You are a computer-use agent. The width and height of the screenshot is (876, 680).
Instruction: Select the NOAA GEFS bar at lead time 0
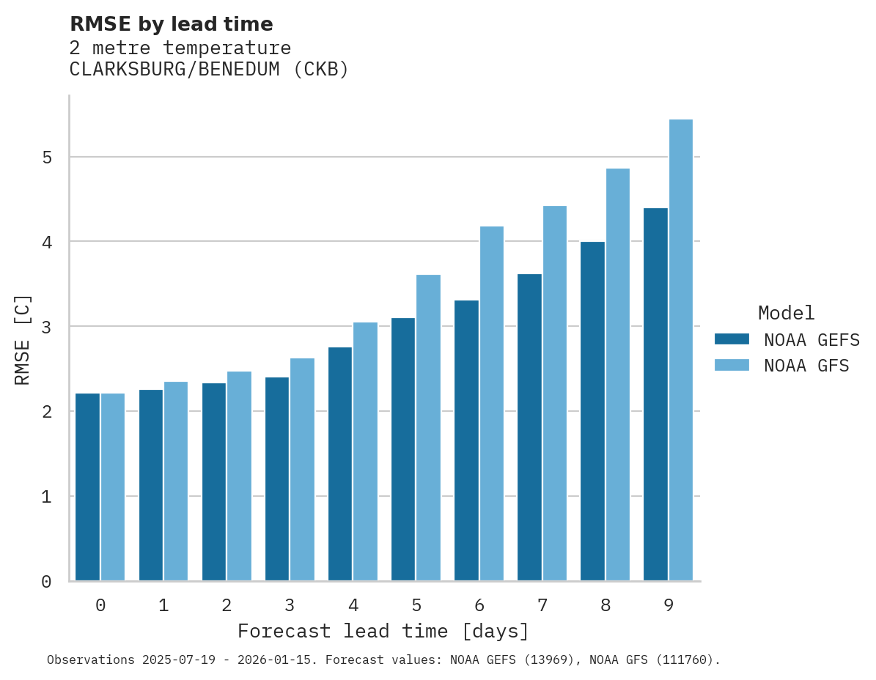pyautogui.click(x=87, y=487)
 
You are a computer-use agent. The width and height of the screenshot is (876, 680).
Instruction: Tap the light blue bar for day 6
pyautogui.click(x=492, y=404)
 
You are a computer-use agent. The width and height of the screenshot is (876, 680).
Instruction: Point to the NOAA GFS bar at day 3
pyautogui.click(x=303, y=470)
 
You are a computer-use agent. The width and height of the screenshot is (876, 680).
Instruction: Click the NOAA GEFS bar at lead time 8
pyautogui.click(x=592, y=411)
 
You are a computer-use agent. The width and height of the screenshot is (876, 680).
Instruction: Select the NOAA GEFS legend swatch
pyautogui.click(x=732, y=339)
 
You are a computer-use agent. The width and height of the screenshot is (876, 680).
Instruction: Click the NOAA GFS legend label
pyautogui.click(x=806, y=366)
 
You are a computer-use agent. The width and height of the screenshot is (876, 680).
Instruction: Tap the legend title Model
pyautogui.click(x=786, y=314)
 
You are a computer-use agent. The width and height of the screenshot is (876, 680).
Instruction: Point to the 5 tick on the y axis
pyautogui.click(x=46, y=158)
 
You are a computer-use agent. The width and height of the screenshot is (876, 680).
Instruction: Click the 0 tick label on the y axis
pyautogui.click(x=46, y=582)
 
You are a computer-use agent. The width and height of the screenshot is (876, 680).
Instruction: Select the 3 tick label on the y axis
pyautogui.click(x=46, y=327)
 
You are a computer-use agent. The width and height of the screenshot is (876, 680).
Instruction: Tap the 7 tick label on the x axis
pyautogui.click(x=542, y=606)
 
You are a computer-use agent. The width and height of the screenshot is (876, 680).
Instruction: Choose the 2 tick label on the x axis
pyautogui.click(x=227, y=606)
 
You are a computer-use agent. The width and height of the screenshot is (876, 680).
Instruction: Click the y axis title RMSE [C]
pyautogui.click(x=23, y=339)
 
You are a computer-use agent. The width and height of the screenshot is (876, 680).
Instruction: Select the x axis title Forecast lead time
pyautogui.click(x=383, y=632)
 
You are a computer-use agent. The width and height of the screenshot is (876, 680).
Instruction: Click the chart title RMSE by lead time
pyautogui.click(x=172, y=24)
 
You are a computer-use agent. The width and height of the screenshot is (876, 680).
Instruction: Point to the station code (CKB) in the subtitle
pyautogui.click(x=318, y=70)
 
